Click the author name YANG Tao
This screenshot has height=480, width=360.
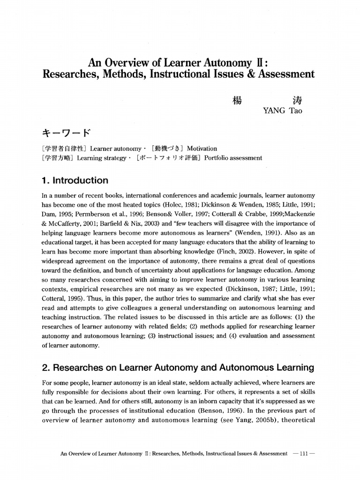tap(283, 111)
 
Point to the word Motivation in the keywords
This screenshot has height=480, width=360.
tap(202, 149)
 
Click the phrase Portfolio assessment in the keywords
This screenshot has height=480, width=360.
tap(233, 158)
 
